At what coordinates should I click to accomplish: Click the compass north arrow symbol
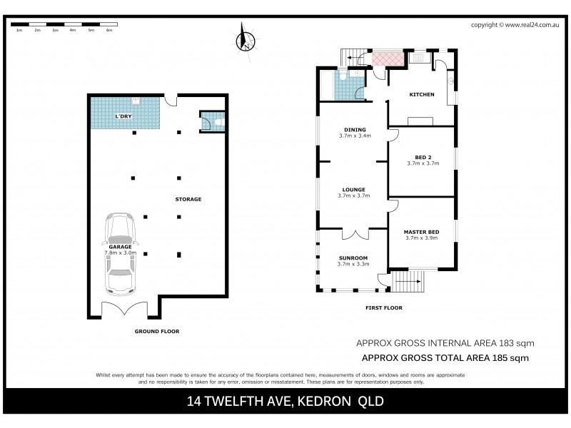tap(244, 37)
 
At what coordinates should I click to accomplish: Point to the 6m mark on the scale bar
tap(108, 31)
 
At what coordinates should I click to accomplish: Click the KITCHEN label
tap(421, 95)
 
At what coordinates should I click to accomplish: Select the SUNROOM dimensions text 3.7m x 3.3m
tap(353, 265)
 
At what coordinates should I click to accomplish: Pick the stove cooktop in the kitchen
tap(420, 121)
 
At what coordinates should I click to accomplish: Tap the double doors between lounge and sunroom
tap(353, 234)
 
